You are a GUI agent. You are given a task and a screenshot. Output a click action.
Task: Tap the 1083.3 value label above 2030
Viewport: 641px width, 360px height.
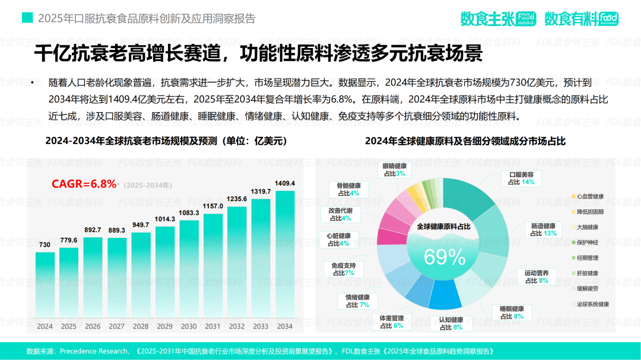(189, 212)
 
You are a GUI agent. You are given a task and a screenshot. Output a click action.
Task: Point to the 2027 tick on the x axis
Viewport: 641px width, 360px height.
(117, 327)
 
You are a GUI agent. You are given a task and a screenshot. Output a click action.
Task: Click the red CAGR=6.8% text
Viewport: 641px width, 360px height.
(84, 184)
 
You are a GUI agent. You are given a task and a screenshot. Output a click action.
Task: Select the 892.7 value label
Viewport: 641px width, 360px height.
(93, 230)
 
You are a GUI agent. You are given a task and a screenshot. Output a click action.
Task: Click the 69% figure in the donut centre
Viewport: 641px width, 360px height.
(444, 256)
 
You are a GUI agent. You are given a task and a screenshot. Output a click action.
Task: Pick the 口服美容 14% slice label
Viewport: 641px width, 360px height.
(521, 178)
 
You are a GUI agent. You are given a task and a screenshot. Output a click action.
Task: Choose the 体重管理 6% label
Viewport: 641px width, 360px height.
(391, 321)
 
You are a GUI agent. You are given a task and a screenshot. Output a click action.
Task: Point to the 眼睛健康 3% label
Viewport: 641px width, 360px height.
(394, 170)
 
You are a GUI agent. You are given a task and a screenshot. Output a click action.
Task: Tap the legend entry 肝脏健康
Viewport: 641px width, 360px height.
(587, 273)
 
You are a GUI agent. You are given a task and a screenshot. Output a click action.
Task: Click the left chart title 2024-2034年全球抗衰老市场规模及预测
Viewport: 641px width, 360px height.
(166, 141)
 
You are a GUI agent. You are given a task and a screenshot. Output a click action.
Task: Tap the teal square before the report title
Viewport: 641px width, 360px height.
(27, 18)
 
